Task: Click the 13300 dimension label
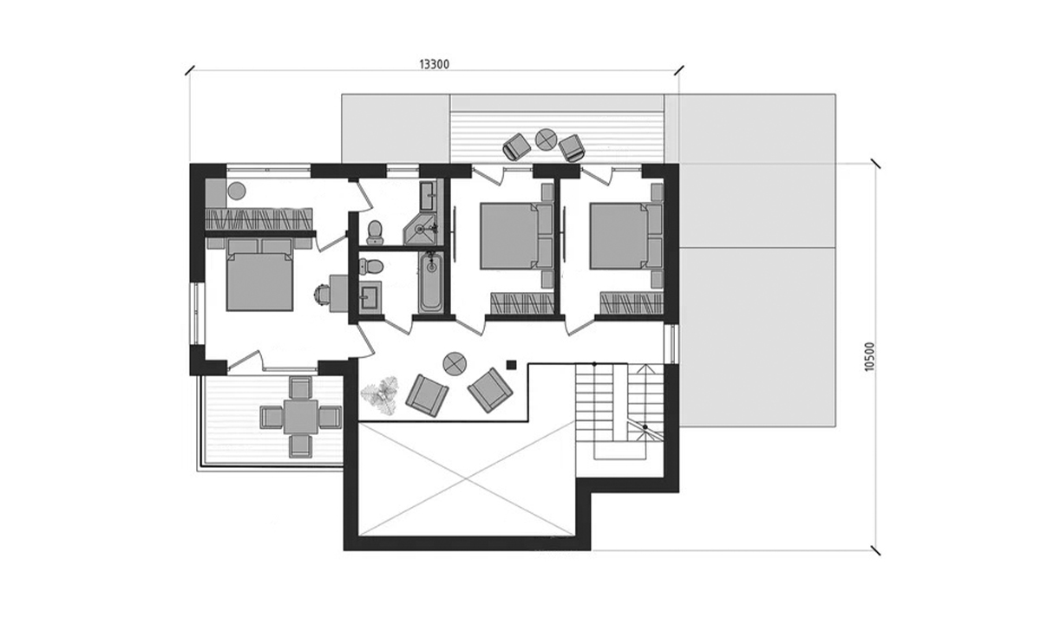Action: (x=435, y=64)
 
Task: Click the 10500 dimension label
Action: (x=869, y=356)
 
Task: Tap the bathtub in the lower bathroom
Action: (x=431, y=283)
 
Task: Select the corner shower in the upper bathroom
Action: (x=421, y=229)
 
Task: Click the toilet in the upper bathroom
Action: (x=375, y=232)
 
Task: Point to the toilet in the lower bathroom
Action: (x=371, y=267)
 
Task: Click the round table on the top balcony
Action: (x=546, y=139)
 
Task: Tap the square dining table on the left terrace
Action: (x=301, y=417)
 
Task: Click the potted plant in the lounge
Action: (x=381, y=394)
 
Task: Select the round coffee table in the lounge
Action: (x=455, y=363)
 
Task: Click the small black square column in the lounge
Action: (x=512, y=365)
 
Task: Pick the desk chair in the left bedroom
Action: (x=323, y=294)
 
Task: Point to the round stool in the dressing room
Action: (x=237, y=191)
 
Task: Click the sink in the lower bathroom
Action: (x=370, y=295)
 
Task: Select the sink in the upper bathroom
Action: (x=429, y=196)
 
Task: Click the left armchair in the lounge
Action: (x=427, y=395)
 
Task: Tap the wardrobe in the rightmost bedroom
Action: (x=632, y=303)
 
